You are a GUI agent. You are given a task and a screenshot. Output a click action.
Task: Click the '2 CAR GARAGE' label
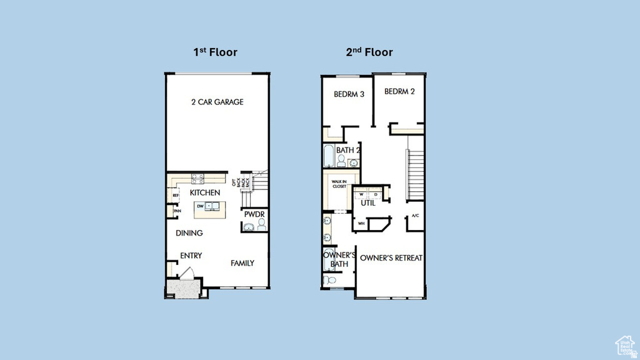(217, 102)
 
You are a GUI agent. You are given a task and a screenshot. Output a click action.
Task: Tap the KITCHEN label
(205, 193)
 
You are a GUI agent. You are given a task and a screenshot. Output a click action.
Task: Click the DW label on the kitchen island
(200, 206)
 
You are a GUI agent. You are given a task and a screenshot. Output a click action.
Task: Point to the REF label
(176, 196)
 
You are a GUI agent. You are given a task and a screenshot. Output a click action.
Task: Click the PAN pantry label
(177, 211)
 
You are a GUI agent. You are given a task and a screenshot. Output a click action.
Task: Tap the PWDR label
(254, 214)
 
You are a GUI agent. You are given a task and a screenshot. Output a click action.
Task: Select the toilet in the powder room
(261, 224)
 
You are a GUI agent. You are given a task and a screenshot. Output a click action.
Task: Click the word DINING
(189, 233)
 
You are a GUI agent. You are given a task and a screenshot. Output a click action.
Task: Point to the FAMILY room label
(242, 263)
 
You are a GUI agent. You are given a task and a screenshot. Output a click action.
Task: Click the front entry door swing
(187, 274)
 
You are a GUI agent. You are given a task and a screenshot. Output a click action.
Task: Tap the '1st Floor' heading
(215, 52)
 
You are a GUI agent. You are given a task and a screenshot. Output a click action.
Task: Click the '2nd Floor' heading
(369, 52)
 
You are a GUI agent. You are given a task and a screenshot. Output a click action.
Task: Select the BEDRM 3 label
(349, 94)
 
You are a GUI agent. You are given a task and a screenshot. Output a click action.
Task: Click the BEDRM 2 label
(399, 91)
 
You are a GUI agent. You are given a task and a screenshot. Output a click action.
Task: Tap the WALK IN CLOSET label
(339, 184)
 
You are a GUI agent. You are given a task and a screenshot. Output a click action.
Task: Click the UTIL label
(368, 203)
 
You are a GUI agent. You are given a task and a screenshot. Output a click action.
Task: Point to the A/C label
(415, 216)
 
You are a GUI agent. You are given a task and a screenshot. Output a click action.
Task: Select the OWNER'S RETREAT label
(391, 258)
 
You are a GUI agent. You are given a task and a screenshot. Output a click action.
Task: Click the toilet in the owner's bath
(329, 281)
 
